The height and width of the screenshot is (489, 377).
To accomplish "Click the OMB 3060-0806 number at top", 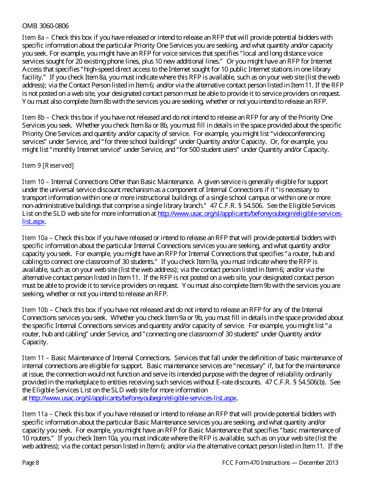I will (45, 26).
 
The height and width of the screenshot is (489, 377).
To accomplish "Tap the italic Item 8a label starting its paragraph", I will (33, 38).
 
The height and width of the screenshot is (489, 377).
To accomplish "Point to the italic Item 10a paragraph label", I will (35, 238).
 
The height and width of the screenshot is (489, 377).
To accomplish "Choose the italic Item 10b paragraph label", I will (35, 310).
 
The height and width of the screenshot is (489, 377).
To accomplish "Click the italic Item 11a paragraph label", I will (35, 414).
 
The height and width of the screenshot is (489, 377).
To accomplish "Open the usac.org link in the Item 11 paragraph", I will (133, 398).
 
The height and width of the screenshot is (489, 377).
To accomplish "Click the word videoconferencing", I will (298, 134).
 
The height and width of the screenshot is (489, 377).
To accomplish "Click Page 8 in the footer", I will (31, 463).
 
